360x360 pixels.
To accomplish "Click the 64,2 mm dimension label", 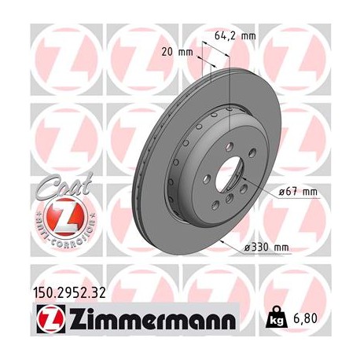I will click(236, 35).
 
